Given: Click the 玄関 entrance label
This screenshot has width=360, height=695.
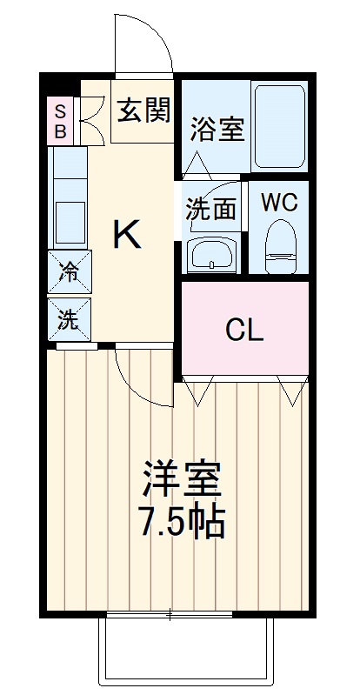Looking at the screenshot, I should click(144, 110).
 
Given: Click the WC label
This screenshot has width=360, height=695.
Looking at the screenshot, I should click(280, 202).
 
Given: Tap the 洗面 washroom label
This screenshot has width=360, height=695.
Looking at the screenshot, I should click(210, 210).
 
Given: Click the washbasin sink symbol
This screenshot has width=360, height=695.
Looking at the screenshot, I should click(211, 256).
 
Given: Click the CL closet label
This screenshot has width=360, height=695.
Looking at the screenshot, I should click(244, 330).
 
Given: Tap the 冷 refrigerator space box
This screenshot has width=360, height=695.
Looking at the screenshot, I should click(68, 272).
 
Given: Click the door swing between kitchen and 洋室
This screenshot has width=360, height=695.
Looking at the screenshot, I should click(139, 374).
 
